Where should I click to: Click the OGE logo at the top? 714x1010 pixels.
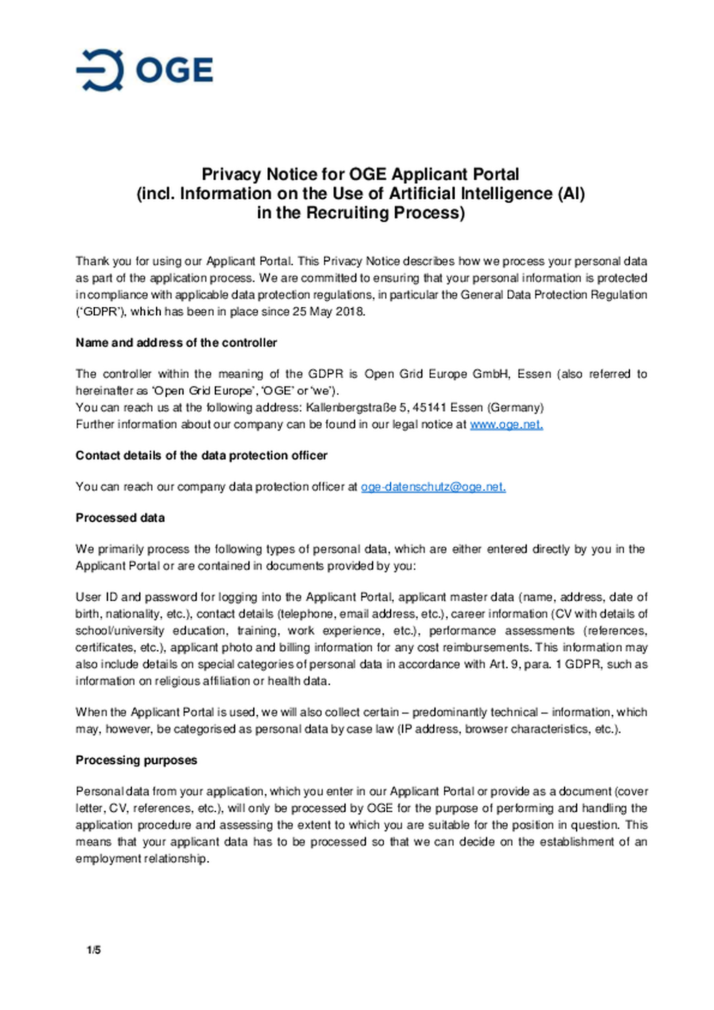[144, 70]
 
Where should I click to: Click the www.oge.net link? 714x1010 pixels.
[506, 425]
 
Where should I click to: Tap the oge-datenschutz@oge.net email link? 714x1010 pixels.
[433, 487]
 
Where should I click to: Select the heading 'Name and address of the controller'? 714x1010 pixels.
[176, 343]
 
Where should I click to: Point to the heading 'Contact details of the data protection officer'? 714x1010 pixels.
[201, 455]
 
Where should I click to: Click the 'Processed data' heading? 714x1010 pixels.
[120, 518]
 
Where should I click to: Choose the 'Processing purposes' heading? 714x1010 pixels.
[136, 760]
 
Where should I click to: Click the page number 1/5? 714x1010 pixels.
[94, 950]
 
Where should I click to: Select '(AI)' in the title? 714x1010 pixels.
[571, 193]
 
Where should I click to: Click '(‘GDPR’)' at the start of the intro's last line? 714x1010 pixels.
[101, 312]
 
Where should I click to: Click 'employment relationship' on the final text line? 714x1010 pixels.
[142, 859]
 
